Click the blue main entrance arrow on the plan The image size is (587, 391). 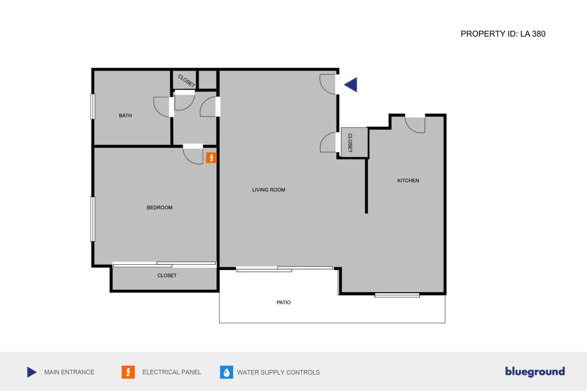(351, 85)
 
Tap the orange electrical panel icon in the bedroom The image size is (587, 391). (211, 157)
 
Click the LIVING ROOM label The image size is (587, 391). (268, 190)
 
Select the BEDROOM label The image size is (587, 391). (159, 208)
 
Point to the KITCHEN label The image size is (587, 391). (408, 181)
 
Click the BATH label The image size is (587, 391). (125, 115)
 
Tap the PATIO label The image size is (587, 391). (283, 303)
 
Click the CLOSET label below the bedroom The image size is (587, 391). (167, 276)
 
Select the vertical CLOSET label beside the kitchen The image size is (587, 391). (350, 143)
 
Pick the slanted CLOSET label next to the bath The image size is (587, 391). (187, 81)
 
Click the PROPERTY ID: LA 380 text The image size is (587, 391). (503, 34)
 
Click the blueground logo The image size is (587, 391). (535, 372)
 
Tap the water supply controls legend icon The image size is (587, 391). (226, 372)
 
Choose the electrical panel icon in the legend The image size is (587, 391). (128, 372)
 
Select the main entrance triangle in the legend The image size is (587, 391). (32, 372)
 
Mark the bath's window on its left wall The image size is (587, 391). (93, 107)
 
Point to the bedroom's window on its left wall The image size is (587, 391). (93, 219)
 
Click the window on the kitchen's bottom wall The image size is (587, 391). (397, 295)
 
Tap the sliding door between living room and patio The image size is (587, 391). (285, 269)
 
